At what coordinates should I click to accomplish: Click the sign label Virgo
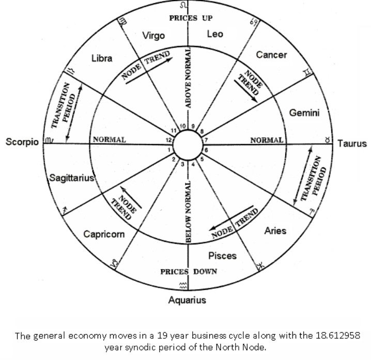153,36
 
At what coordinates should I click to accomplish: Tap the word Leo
214,34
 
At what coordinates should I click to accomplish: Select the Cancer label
271,55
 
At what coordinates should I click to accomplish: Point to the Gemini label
304,113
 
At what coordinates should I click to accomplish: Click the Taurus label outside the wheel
352,144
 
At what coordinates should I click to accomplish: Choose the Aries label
275,231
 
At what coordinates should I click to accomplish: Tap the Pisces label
222,255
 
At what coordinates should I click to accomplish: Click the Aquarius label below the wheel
187,300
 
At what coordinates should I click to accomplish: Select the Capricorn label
104,234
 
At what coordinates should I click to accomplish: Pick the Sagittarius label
71,178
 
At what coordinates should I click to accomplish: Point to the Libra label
102,58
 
